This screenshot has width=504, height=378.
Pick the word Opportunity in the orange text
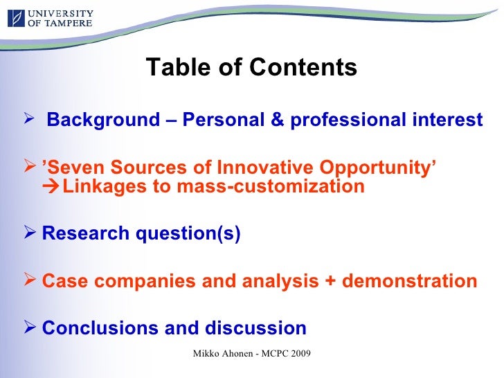tap(377, 168)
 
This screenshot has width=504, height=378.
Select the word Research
tap(85, 234)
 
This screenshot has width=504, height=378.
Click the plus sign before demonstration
tap(330, 281)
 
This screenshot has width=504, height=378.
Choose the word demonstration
tap(409, 281)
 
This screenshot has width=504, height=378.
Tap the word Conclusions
tap(99, 328)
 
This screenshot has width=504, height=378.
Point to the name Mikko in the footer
tap(206, 354)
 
